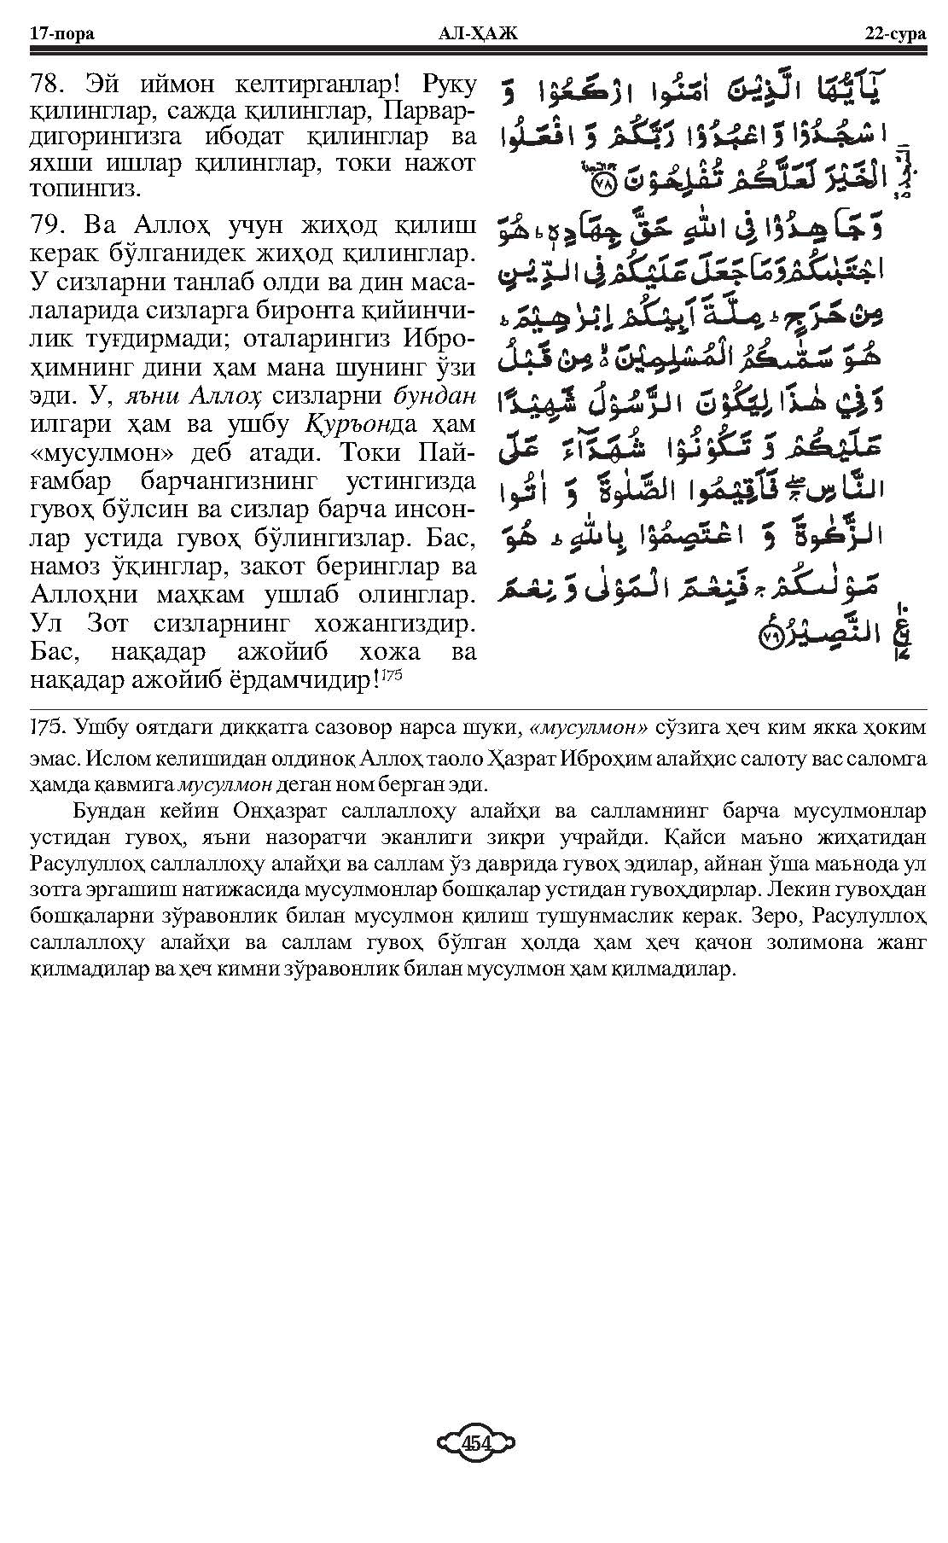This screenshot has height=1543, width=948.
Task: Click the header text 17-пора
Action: click(x=61, y=34)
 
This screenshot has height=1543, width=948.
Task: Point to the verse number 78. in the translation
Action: click(x=49, y=85)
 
